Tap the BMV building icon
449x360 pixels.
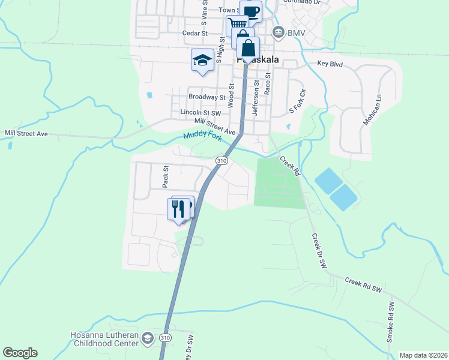point(278,32)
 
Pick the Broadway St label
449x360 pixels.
point(206,97)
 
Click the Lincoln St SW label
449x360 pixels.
point(200,112)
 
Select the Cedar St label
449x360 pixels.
point(196,34)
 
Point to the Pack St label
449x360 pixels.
point(166,176)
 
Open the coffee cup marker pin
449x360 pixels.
point(251,11)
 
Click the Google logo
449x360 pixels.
point(20,353)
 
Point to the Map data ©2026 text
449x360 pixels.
point(423,355)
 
